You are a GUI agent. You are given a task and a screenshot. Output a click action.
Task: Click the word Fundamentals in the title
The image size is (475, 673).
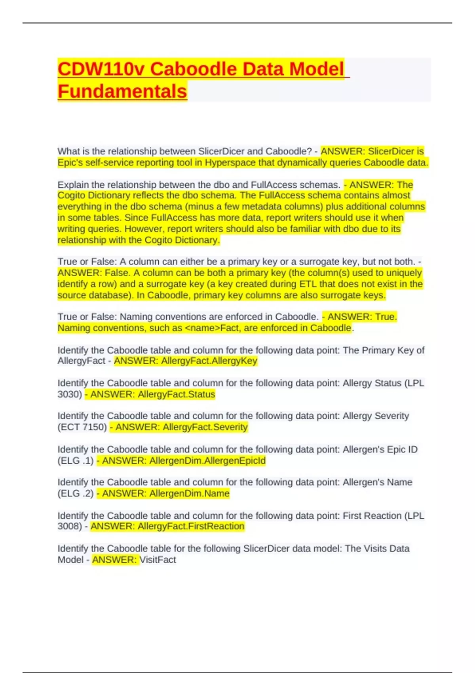coord(122,91)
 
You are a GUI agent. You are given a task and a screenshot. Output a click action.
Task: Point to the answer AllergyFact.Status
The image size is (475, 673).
coord(176,394)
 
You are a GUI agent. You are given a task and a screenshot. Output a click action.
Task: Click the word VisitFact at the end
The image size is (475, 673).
coord(158,560)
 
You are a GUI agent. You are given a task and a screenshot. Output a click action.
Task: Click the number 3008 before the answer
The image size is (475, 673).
coord(70,527)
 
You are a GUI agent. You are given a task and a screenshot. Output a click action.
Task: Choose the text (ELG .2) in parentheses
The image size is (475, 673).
coord(76,494)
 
